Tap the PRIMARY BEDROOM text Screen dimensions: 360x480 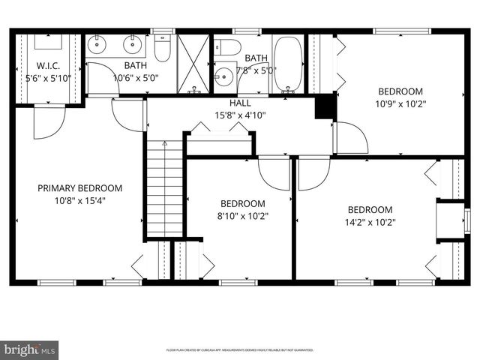click(79, 188)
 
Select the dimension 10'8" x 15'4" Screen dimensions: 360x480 click(79, 200)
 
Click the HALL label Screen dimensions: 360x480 click(240, 103)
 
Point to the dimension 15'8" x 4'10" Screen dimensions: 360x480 click(240, 115)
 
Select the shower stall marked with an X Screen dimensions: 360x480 click(193, 64)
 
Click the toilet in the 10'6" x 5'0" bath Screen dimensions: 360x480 click(163, 49)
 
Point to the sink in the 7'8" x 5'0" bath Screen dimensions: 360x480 click(223, 76)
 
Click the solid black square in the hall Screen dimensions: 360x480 click(324, 107)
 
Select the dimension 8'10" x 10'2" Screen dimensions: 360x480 click(242, 216)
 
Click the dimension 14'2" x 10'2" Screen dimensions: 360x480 click(370, 222)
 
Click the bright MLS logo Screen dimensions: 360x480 click(29, 349)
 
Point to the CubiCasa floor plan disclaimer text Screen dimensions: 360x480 click(240, 350)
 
